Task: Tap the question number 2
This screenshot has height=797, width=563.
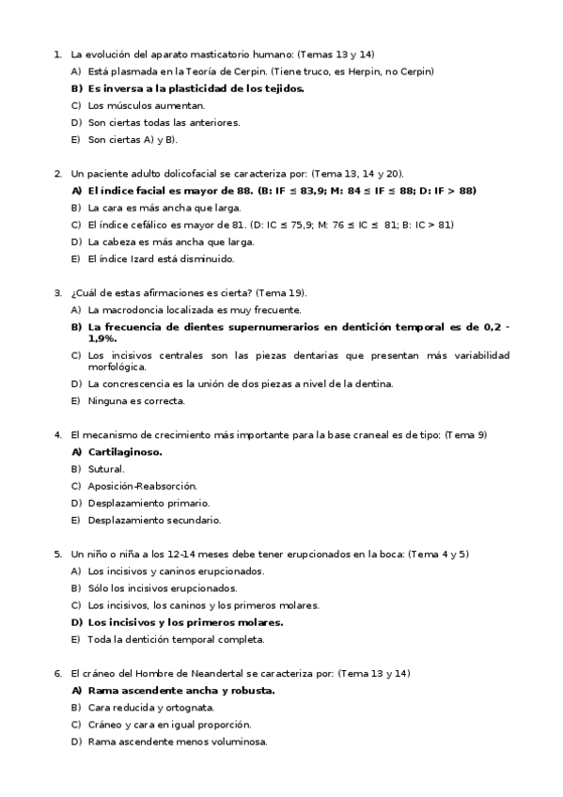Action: coord(58,174)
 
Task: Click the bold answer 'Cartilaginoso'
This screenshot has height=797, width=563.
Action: coord(124,451)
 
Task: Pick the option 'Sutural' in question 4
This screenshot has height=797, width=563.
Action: coord(105,468)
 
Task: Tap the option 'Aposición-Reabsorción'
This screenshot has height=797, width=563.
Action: coord(141,486)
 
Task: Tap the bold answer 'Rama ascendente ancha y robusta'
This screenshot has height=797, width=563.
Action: coord(180,690)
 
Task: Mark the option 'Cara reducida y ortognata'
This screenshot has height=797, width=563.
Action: coord(150,707)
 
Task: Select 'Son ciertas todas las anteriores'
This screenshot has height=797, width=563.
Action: coord(164,122)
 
